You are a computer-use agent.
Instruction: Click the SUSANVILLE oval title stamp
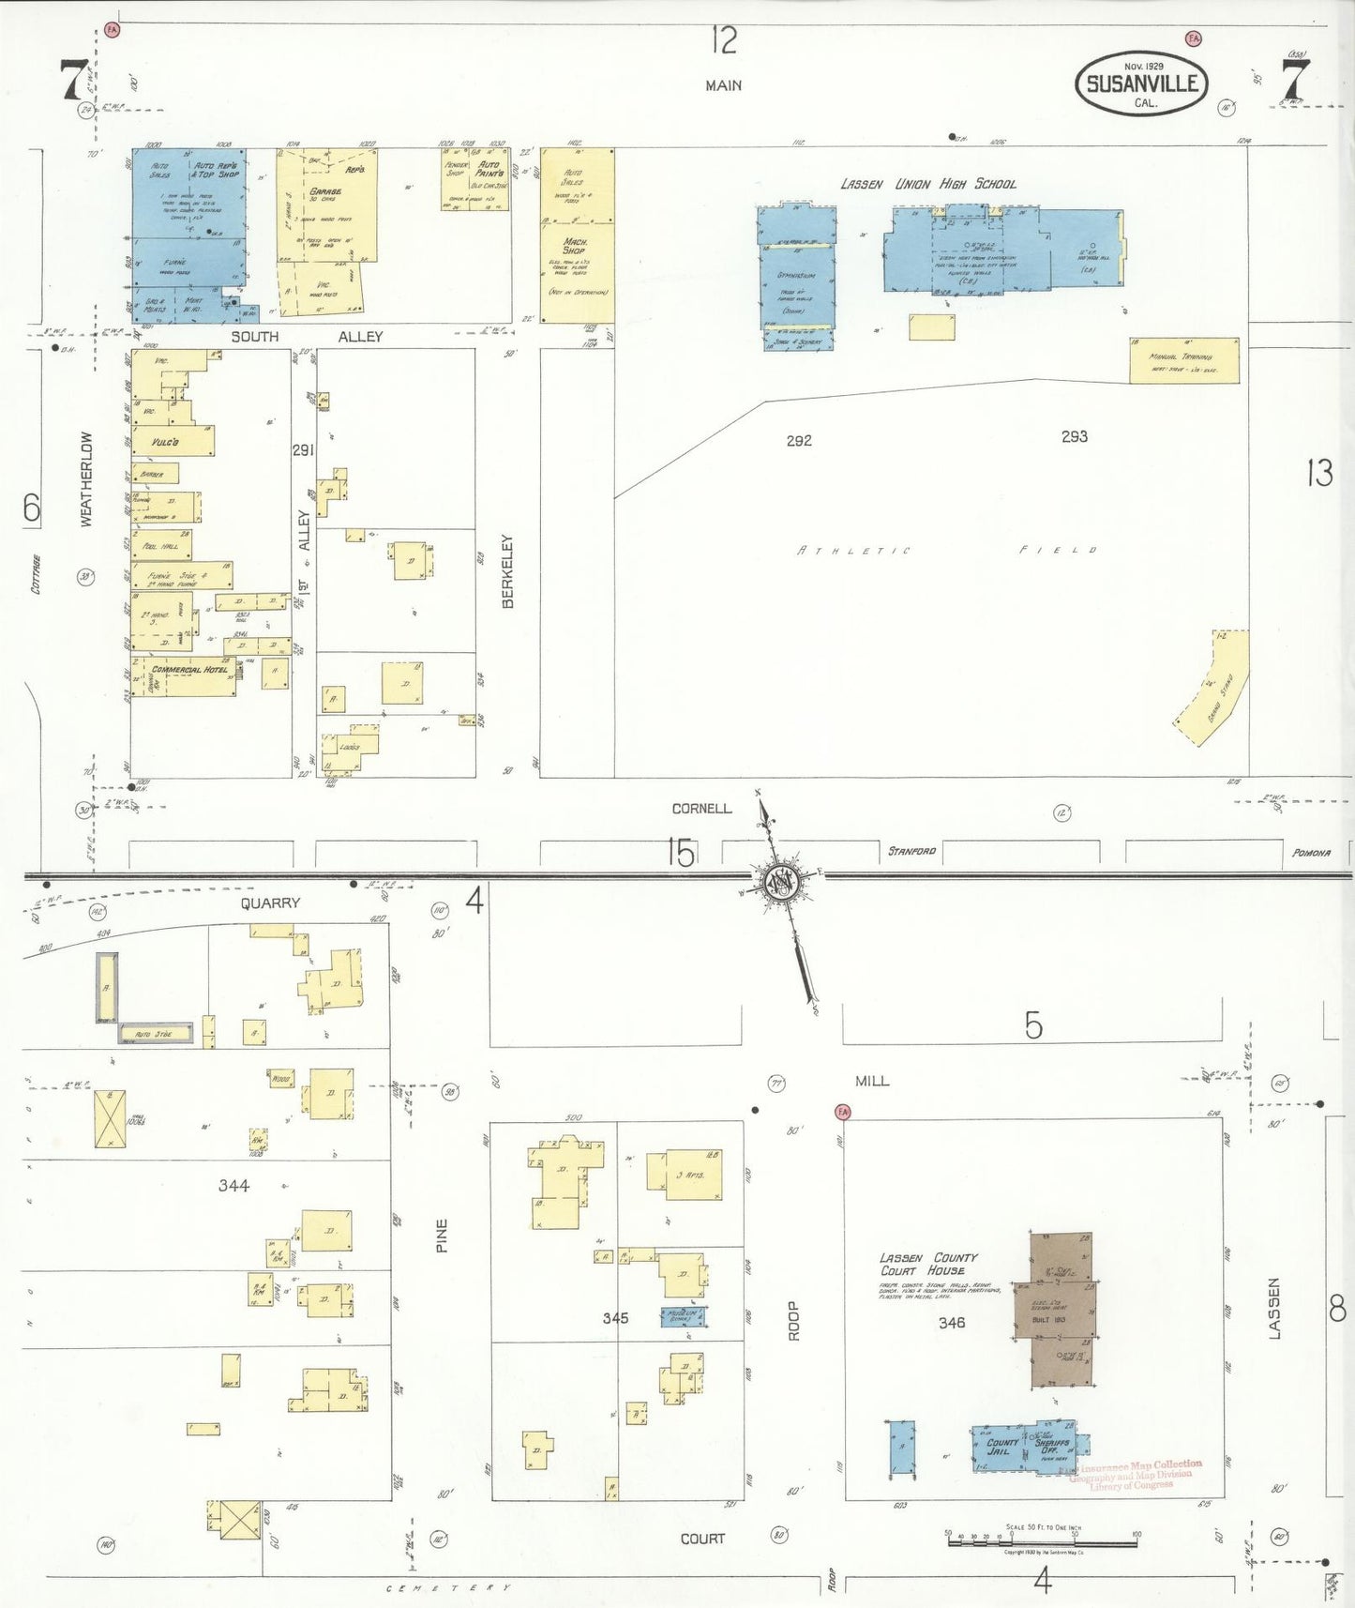pos(1141,83)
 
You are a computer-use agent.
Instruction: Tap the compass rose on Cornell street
pos(778,881)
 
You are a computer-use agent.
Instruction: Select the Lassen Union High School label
pos(927,184)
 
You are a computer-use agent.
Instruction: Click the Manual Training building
pos(1183,360)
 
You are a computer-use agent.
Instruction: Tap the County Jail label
pos(1002,1447)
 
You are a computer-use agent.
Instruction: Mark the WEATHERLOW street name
pos(87,478)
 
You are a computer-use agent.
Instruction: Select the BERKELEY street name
pos(508,571)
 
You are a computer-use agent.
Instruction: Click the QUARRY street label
pos(270,903)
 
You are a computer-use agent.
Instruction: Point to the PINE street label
pos(442,1235)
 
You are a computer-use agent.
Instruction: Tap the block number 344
pos(233,1185)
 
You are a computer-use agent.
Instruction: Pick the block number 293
pos(1074,436)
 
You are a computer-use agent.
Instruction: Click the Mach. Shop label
pos(575,246)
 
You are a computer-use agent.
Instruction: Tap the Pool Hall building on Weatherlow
pos(161,545)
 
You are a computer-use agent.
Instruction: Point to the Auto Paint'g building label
pos(489,170)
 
